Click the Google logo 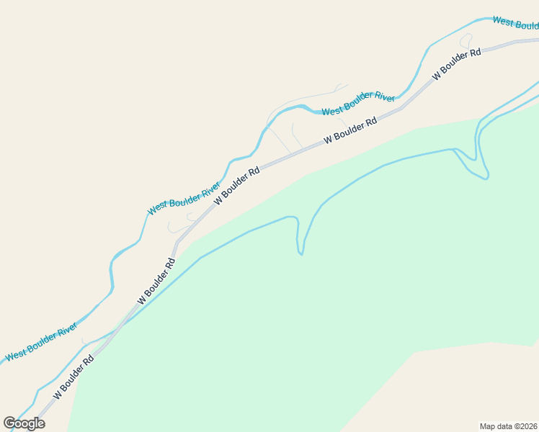point(24,423)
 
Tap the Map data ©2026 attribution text point(509,426)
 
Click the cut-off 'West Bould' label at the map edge point(515,23)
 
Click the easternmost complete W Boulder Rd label point(456,65)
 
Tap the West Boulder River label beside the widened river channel point(358,104)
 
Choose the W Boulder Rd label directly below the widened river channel point(351,130)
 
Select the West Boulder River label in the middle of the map point(184,199)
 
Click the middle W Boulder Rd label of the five point(236,186)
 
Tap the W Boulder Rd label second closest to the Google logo point(156,281)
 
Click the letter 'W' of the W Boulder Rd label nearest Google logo point(57,395)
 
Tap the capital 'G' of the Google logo point(10,423)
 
